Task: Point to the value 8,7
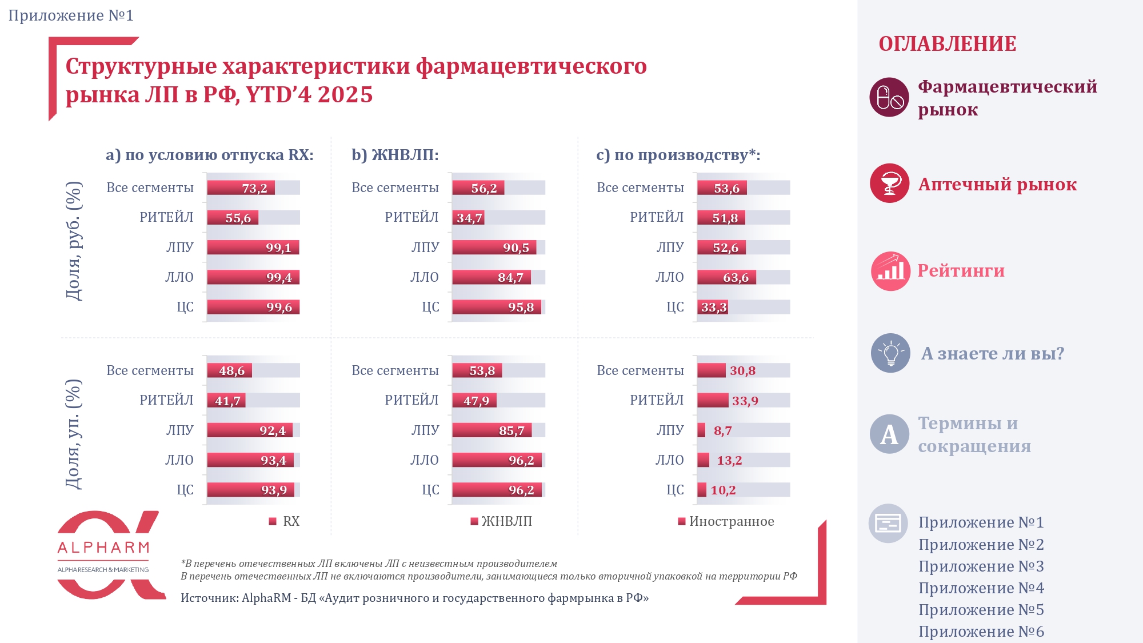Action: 722,431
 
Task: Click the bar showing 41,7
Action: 227,401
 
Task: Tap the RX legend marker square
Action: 273,521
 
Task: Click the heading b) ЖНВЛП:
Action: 395,155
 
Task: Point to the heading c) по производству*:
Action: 678,155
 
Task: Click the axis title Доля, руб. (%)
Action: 74,241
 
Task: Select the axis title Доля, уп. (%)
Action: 74,434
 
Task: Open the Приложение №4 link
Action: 981,588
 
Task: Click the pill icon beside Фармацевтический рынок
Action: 889,97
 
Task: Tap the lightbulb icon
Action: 890,353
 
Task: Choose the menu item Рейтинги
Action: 961,271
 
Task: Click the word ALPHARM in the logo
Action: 103,548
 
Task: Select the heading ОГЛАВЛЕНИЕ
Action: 947,44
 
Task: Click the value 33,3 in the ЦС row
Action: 714,307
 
